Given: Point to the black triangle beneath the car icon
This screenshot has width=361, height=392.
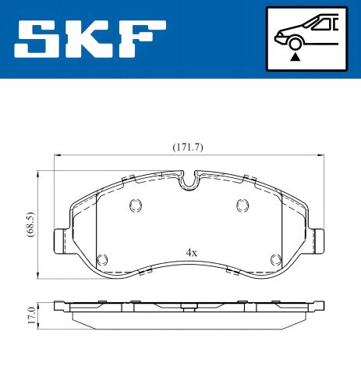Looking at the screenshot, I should pos(294,56).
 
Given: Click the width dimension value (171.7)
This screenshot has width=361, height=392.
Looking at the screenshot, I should pos(187,148).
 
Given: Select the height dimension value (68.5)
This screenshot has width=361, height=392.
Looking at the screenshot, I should pos(30,223).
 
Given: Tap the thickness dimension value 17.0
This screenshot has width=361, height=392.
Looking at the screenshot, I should pos(30,315).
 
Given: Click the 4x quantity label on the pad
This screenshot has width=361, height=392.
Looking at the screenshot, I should pos(191,252).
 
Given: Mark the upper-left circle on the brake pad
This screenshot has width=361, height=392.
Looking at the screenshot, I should pos(133,206).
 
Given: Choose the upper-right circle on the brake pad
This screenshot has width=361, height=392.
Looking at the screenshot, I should pos(241,206).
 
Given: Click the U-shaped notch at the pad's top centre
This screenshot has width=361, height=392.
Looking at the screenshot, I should pos(187,184).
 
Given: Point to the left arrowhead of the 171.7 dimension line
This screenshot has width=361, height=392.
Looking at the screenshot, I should pos(56,155).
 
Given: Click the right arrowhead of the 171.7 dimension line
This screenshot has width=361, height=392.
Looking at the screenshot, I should pos(318,155).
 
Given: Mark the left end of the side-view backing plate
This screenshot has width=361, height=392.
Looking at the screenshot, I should pos(58,305).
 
